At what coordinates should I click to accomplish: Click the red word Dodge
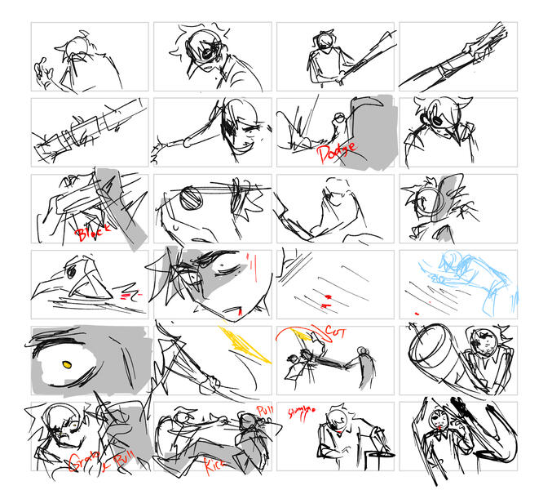click(x=333, y=151)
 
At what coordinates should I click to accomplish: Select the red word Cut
click(x=335, y=333)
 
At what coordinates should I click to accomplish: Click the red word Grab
click(x=80, y=460)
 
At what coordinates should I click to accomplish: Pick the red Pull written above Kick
click(x=265, y=410)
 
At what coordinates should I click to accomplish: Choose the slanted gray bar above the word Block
click(x=122, y=204)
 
